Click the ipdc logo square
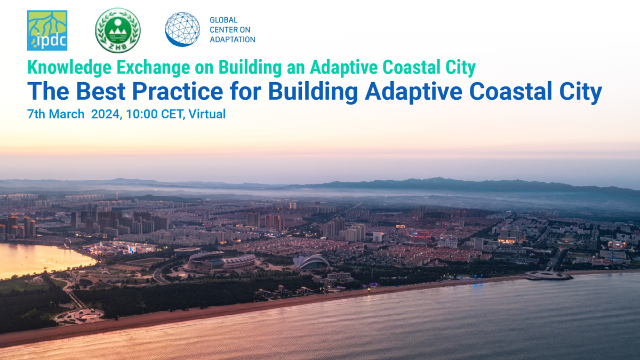coord(47,30)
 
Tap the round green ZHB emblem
coord(117,30)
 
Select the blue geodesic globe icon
coord(182,29)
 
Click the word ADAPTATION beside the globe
coord(233,39)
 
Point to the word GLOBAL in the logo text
coord(224,20)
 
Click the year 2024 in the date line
coord(106,114)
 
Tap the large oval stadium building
coord(221,261)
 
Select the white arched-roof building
coord(312,262)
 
